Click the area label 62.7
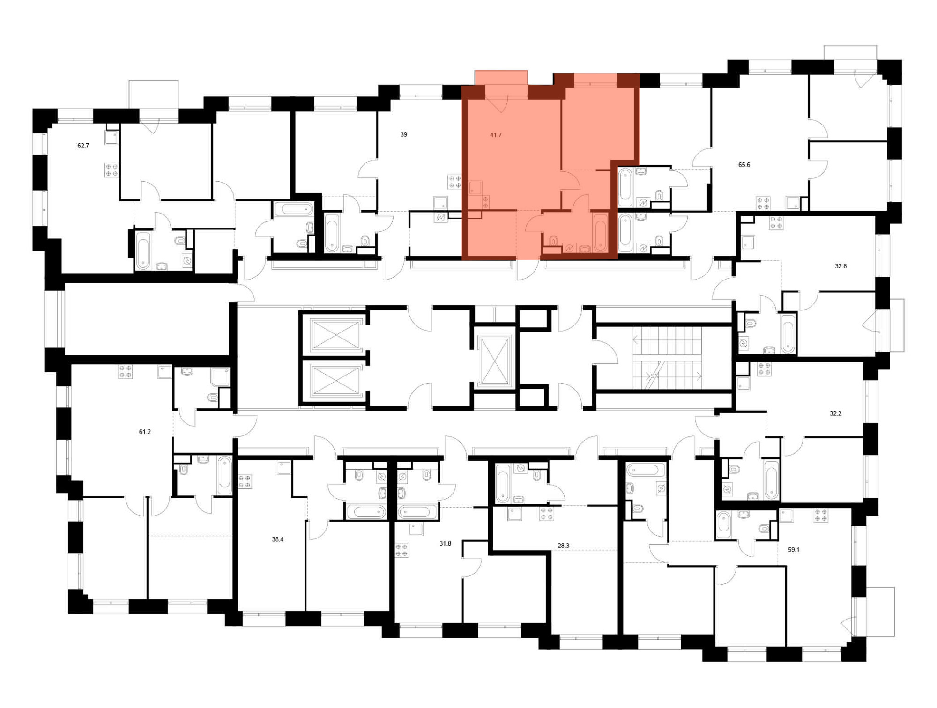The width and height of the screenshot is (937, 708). [83, 146]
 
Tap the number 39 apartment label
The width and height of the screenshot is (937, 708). [403, 134]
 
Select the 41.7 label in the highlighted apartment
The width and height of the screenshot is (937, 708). [496, 135]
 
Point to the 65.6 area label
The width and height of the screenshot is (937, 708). [744, 165]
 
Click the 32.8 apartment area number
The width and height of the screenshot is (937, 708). [840, 266]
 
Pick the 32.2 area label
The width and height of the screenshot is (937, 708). [835, 413]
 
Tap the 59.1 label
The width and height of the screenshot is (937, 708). [794, 550]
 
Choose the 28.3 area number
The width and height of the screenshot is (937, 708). [563, 546]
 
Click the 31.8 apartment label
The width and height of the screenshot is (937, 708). [445, 544]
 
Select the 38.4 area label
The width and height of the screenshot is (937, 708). [277, 539]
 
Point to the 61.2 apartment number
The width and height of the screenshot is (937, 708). [145, 432]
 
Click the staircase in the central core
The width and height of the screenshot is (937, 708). [667, 358]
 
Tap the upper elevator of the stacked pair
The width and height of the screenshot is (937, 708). [336, 334]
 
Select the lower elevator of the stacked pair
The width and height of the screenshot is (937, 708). [336, 380]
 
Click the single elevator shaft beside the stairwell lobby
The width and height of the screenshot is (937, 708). [494, 361]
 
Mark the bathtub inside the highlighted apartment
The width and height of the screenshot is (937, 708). [600, 232]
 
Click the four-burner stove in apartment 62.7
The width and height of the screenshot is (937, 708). [112, 170]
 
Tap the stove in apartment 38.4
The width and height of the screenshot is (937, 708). [245, 482]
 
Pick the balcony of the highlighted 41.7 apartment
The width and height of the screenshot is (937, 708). [501, 78]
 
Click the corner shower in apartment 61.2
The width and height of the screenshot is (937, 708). [220, 377]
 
